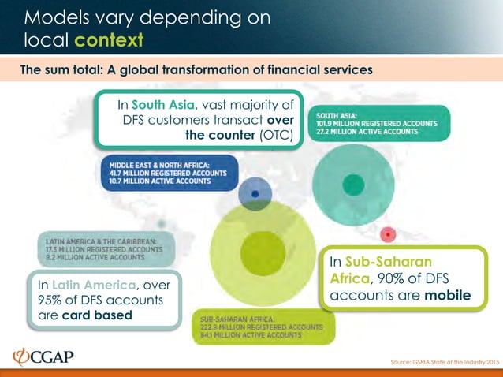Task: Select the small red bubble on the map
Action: click(x=387, y=234)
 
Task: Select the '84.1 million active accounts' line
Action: click(x=246, y=335)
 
